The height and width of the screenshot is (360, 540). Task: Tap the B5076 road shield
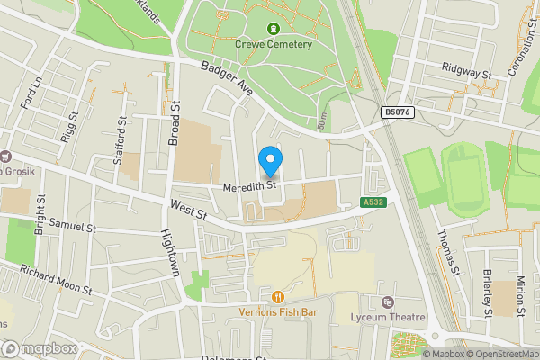(396, 112)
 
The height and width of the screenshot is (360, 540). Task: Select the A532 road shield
(374, 202)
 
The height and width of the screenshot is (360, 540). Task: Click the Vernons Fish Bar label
(278, 312)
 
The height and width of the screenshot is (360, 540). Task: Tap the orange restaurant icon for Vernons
(278, 296)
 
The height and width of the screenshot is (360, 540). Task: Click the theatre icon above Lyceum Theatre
(388, 302)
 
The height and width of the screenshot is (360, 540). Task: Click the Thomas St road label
(447, 247)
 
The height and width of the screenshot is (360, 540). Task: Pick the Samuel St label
(72, 226)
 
